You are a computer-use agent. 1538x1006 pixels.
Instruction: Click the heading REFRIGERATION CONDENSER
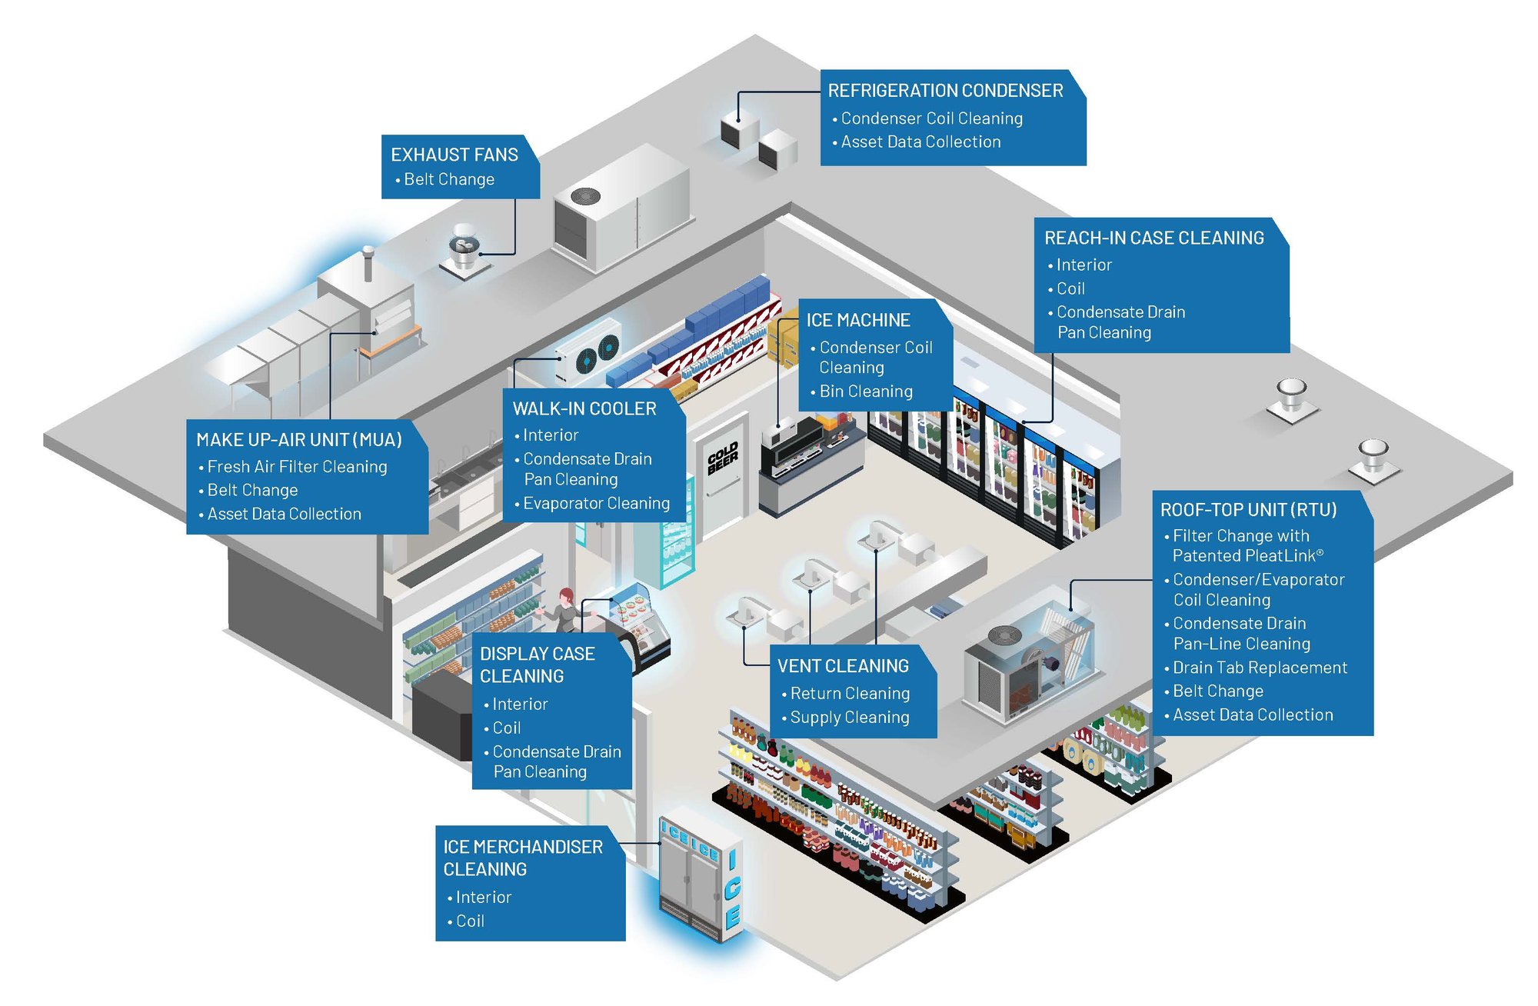coord(945,91)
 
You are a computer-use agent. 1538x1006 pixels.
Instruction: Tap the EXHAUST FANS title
coord(454,155)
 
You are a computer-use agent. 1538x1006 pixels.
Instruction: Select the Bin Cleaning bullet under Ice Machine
coord(866,391)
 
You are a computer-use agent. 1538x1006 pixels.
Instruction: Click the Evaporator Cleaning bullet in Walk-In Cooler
coord(596,504)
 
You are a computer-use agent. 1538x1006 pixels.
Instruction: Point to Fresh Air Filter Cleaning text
coord(297,467)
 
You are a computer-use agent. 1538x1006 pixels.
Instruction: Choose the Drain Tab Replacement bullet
coord(1260,668)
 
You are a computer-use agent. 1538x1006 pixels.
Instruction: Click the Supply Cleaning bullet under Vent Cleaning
coord(849,718)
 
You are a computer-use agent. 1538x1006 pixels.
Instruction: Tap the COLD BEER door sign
coord(722,458)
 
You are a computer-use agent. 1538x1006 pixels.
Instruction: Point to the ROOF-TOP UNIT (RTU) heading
coord(1248,510)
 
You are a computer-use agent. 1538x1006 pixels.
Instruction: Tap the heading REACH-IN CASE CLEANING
coord(1153,238)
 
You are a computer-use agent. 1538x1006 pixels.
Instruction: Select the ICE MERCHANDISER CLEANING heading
coord(522,858)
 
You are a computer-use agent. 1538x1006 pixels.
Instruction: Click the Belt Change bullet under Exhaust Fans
coord(449,179)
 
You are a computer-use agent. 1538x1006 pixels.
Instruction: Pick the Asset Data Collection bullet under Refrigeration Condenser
coord(920,142)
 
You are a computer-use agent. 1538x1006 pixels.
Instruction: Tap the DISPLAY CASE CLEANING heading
coord(537,665)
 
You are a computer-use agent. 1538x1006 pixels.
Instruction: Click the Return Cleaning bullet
coord(850,694)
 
